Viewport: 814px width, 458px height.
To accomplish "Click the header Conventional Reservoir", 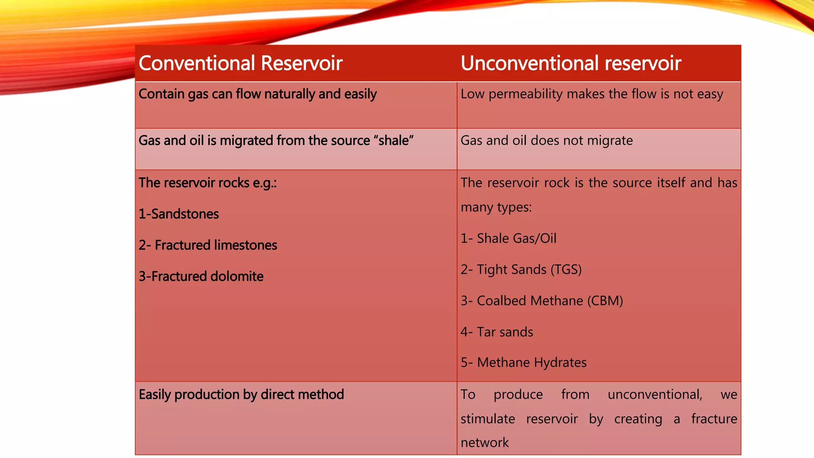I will click(x=240, y=63).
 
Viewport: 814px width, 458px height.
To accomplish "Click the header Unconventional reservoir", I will click(x=571, y=63).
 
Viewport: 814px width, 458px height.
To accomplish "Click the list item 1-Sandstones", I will click(x=178, y=214).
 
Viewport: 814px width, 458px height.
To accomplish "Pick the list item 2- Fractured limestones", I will click(x=207, y=245).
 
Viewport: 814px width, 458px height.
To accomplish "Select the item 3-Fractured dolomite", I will click(x=201, y=276).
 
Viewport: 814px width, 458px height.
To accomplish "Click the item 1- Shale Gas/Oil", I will click(x=508, y=238).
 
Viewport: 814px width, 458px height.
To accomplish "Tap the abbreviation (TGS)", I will click(x=566, y=270).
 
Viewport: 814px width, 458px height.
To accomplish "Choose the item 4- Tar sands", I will click(x=497, y=332).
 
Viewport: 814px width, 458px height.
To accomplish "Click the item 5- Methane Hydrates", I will click(x=523, y=363).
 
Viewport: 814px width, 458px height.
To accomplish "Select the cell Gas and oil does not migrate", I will click(x=547, y=140).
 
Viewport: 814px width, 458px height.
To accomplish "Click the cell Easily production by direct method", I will click(x=241, y=394).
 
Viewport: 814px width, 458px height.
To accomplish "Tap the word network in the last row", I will click(x=485, y=442).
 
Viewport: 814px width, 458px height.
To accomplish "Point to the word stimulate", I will click(x=488, y=419).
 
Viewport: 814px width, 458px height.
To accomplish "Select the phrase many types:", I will click(x=496, y=207).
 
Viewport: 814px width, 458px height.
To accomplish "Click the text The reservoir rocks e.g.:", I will click(x=207, y=183).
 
